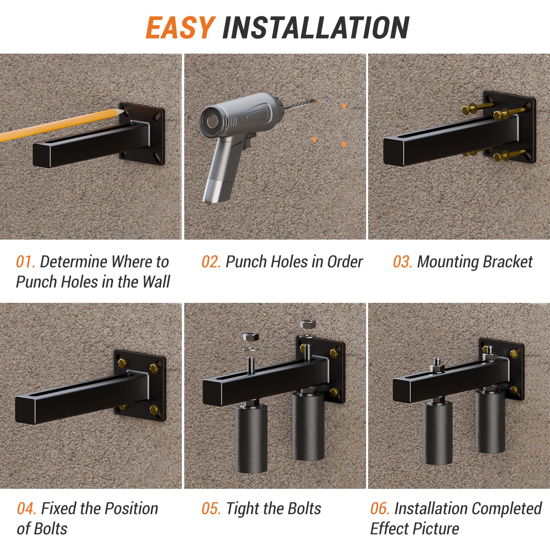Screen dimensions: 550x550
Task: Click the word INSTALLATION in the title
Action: [316, 27]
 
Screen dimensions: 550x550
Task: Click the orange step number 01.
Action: [25, 262]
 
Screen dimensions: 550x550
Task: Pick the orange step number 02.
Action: [211, 262]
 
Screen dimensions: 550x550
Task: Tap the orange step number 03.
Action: [402, 262]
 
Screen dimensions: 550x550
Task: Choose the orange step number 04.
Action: [26, 508]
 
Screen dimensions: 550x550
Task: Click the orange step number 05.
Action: [211, 508]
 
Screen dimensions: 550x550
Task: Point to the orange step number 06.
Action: [380, 508]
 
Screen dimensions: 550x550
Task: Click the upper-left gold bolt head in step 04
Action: [122, 362]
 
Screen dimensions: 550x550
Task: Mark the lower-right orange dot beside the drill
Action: [344, 144]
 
